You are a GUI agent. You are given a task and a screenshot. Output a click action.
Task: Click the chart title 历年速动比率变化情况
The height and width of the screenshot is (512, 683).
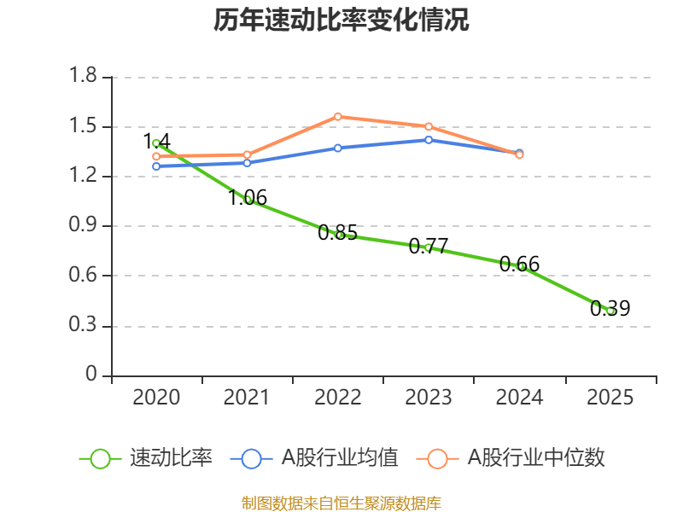point(341,21)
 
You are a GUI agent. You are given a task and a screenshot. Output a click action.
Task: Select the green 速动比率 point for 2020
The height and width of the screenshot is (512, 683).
point(156,143)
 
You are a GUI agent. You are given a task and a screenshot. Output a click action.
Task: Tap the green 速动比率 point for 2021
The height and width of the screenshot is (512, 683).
point(248,200)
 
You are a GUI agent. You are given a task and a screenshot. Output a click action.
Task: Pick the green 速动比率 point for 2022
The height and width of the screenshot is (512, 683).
point(339,235)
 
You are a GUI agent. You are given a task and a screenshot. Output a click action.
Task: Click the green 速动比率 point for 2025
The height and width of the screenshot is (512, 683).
point(610,311)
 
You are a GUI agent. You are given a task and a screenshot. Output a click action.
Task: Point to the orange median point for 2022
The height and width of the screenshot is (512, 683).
point(338,116)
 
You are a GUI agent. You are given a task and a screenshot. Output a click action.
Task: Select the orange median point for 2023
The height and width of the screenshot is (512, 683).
point(429,126)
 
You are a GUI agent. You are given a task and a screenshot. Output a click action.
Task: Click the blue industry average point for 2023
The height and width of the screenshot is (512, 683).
point(429,139)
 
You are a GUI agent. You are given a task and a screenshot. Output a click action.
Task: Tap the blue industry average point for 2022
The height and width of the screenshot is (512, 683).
point(338,148)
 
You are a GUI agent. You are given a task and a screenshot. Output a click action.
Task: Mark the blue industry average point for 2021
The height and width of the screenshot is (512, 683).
point(248,162)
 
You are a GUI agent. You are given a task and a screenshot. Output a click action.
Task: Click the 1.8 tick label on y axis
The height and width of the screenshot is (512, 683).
point(84,78)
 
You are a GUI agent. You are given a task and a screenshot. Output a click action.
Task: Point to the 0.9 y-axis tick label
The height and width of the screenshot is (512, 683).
point(84,226)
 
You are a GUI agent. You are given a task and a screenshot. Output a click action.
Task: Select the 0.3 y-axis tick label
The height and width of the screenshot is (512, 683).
point(84,326)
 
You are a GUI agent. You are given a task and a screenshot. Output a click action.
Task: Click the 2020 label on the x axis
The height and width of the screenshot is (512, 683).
point(157,398)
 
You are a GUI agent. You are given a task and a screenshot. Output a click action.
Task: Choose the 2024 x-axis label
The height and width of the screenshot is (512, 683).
point(519,398)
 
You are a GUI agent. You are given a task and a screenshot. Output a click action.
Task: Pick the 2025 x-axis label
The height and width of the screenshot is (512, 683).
point(610,398)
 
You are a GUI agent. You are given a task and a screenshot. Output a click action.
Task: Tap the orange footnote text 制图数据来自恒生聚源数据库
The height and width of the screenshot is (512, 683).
point(341,503)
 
